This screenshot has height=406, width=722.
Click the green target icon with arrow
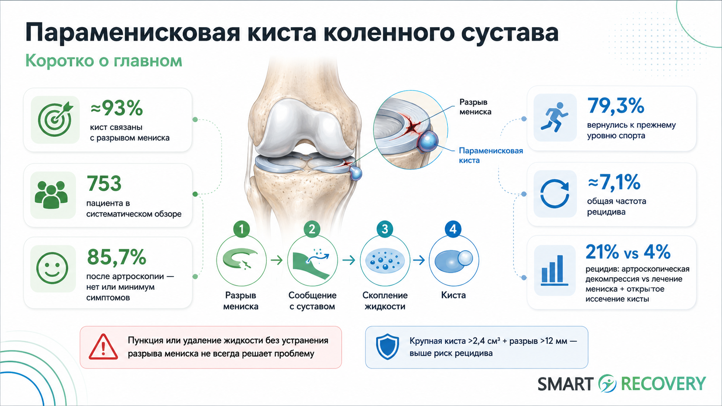pos(55,119)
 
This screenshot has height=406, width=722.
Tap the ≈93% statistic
pos(116,108)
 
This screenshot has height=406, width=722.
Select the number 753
pos(104,183)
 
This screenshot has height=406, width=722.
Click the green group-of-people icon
pos(51,195)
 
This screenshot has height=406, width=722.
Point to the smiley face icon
pos(52,268)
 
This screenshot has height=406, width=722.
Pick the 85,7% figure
pos(117,257)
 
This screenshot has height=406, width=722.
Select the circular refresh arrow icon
pos(554,194)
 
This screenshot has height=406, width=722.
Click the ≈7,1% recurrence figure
pos(614,182)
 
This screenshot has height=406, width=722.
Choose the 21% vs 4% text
pos(628,252)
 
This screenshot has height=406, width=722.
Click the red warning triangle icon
pos(103,347)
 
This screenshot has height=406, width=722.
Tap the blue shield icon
pos(387,346)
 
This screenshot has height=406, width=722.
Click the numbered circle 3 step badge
pos(385,229)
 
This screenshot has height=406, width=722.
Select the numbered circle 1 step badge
pos(241,229)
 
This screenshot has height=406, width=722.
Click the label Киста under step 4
pos(453,295)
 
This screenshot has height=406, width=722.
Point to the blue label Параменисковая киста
pos(491,155)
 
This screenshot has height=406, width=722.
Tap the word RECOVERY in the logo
pos(663,384)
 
